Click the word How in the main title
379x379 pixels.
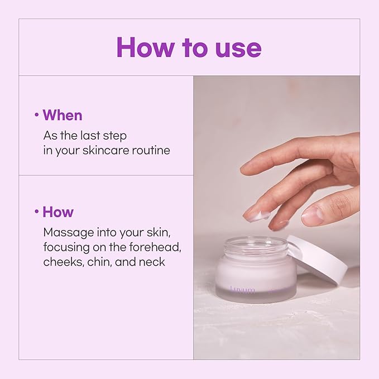(145, 47)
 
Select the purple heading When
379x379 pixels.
(63, 115)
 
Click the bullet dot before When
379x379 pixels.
(37, 115)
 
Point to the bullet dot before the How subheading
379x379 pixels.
(37, 212)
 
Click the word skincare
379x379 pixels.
(106, 150)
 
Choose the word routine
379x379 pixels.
(151, 150)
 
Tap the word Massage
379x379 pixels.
(69, 233)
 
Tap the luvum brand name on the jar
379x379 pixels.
(242, 289)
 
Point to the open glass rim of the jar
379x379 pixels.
(256, 244)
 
